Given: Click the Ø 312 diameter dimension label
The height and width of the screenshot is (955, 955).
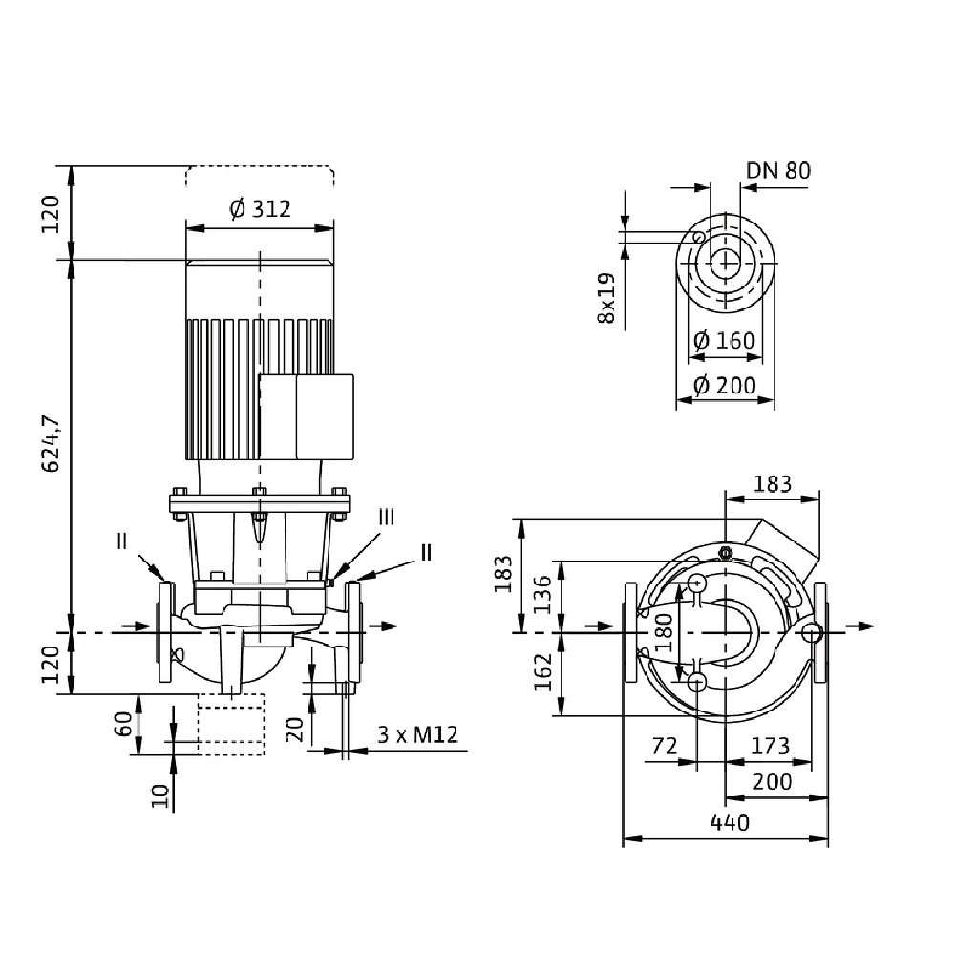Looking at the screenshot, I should coord(260,209).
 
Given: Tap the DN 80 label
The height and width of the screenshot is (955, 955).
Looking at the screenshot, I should coord(778,171).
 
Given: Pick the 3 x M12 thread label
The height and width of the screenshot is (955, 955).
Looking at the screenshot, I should coord(418,734).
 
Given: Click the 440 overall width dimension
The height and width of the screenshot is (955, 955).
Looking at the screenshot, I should coord(729,822).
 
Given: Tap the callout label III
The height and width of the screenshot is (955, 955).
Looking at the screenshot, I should coord(385,517).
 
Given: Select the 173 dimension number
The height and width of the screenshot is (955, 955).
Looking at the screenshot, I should coord(769,744).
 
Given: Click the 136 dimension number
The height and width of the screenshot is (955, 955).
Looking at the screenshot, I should coord(542,596).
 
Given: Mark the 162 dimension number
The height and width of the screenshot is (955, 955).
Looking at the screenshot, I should coord(542,673).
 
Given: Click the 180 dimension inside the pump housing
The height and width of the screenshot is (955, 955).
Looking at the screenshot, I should coord(665,632).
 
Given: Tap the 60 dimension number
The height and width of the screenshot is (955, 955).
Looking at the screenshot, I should coord(122,724).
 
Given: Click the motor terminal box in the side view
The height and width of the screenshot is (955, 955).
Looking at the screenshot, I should coord(307,418).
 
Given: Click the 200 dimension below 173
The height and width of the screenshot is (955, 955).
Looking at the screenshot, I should coord(771,781).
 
